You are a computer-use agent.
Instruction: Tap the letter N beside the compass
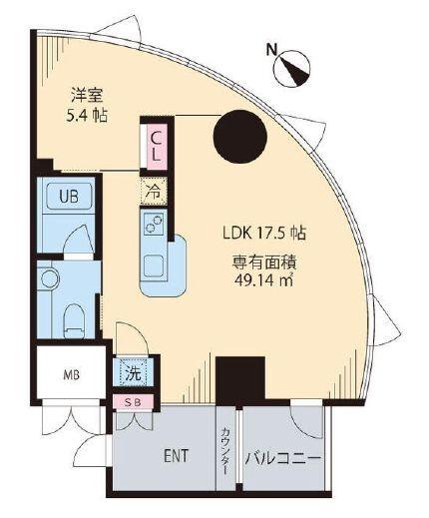tap(271, 48)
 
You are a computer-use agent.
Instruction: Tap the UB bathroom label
tap(69, 195)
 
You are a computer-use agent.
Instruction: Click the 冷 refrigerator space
tap(155, 188)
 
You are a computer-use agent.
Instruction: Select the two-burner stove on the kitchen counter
tap(156, 227)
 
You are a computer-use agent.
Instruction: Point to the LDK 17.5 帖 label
tap(263, 234)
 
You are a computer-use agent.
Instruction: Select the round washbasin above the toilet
tap(50, 276)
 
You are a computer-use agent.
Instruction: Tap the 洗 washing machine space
tap(133, 374)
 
